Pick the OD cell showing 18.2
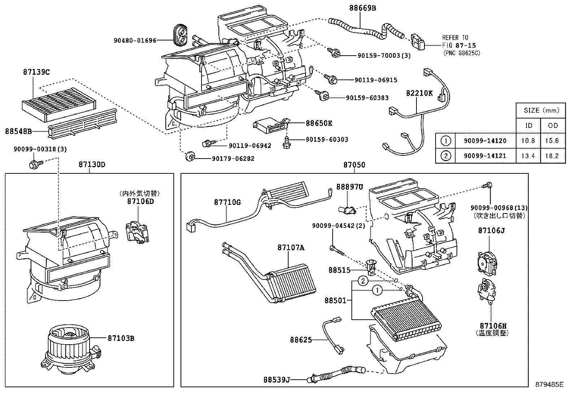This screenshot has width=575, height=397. [553, 156]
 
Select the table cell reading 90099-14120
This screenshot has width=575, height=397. [485, 141]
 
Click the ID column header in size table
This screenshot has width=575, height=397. [528, 125]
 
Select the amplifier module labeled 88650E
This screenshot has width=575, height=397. [271, 124]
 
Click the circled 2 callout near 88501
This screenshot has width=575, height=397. [363, 280]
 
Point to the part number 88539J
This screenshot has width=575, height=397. [277, 380]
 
